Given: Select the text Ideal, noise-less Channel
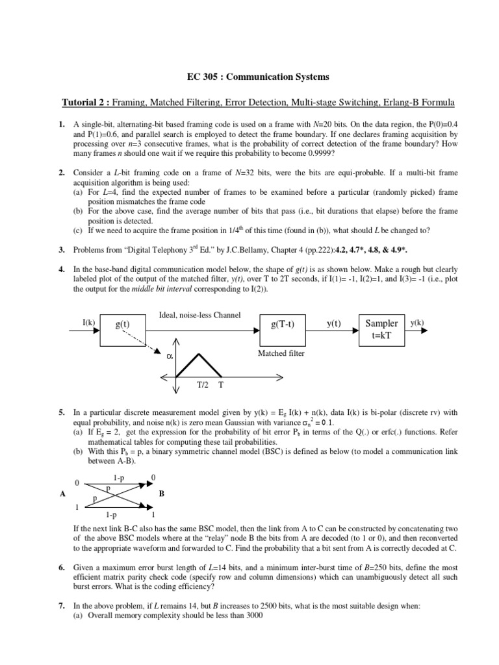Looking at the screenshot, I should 199,315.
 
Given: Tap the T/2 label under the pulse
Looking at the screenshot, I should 202,384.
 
